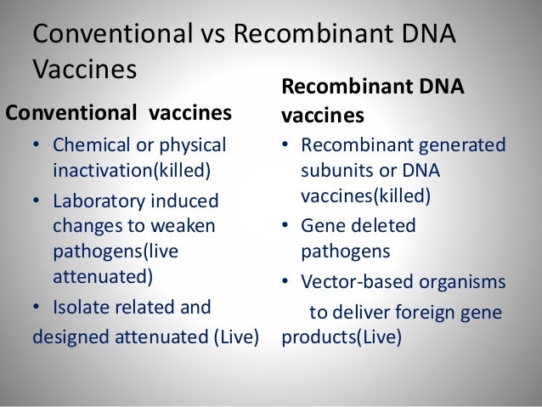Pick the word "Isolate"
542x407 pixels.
point(82,307)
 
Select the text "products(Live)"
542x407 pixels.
point(342,336)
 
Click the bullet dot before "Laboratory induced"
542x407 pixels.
point(37,201)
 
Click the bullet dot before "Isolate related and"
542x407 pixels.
point(37,307)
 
